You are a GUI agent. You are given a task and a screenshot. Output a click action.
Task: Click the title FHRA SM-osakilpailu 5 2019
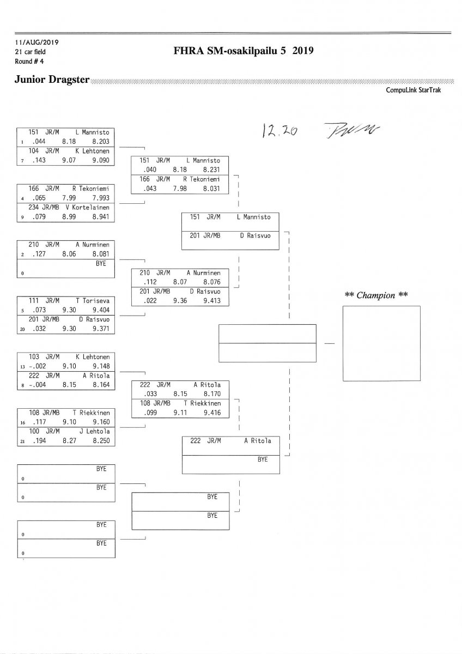242,51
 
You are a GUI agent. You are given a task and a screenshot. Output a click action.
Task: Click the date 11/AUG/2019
37,43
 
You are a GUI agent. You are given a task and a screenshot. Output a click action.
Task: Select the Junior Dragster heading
52,80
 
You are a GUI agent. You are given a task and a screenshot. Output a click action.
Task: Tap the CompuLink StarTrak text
413,90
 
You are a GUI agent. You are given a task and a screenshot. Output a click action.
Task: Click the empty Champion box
381,344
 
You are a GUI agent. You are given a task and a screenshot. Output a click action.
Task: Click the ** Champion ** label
376,295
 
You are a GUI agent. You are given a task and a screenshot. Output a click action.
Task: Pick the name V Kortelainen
90,207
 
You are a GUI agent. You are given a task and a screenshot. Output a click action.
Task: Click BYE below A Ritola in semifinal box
263,459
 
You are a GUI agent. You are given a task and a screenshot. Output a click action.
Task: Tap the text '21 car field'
31,52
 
